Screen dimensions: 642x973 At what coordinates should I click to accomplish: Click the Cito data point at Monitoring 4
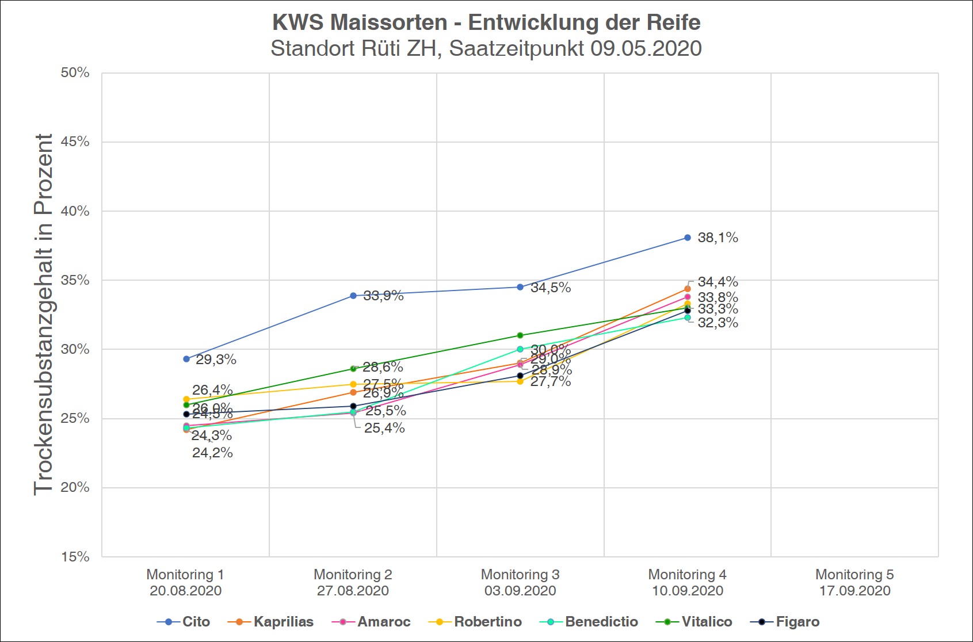(x=687, y=238)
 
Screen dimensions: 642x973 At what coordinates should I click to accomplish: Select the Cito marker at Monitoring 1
(x=186, y=359)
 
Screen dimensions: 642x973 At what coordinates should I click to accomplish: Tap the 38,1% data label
(x=718, y=238)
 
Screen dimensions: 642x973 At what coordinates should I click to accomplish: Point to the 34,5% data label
(x=550, y=288)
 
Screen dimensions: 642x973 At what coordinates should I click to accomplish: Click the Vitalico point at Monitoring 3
(x=520, y=335)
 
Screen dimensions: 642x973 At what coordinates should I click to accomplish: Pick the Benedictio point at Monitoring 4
(x=687, y=318)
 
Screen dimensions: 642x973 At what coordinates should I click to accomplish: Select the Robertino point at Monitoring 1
(x=186, y=399)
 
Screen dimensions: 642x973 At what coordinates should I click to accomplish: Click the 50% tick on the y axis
(x=75, y=73)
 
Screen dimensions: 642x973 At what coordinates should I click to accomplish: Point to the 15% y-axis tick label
(x=75, y=557)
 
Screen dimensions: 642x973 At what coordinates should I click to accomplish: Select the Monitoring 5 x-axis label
(x=854, y=582)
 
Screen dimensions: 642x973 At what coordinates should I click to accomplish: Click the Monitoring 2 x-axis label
(x=353, y=582)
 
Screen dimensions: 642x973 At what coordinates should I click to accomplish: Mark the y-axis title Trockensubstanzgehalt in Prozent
(x=44, y=314)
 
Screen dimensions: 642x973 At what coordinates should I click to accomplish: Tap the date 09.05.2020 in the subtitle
(x=646, y=49)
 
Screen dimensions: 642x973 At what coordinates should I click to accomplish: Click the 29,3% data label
(x=216, y=360)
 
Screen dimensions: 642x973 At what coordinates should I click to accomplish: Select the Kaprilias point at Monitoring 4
(x=687, y=289)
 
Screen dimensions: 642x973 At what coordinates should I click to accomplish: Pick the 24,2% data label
(x=212, y=453)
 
